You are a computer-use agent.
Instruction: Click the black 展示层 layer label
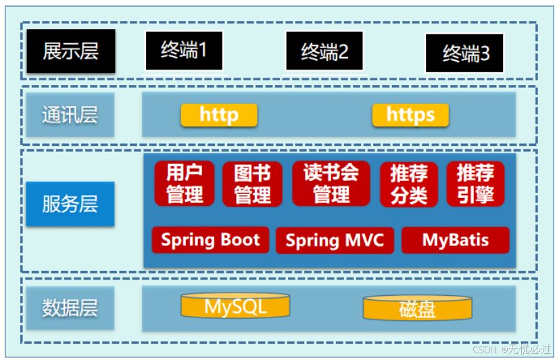pyautogui.click(x=70, y=51)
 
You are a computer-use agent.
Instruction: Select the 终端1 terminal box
pyautogui.click(x=184, y=50)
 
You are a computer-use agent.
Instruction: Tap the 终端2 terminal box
pyautogui.click(x=324, y=51)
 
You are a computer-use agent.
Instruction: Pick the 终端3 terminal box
pyautogui.click(x=465, y=53)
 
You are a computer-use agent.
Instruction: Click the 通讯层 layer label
pyautogui.click(x=70, y=115)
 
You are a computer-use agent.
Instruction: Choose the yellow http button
pyautogui.click(x=219, y=115)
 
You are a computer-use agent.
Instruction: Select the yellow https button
pyautogui.click(x=410, y=115)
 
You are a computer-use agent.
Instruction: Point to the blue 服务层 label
pyautogui.click(x=70, y=204)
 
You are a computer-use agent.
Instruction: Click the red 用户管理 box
pyautogui.click(x=185, y=183)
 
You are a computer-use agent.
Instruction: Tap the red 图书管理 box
pyautogui.click(x=252, y=184)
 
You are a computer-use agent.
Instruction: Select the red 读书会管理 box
pyautogui.click(x=331, y=183)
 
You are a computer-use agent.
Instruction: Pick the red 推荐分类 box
pyautogui.click(x=409, y=184)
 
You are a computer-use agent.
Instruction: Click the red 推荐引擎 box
pyautogui.click(x=475, y=184)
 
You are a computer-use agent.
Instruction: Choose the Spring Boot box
pyautogui.click(x=210, y=240)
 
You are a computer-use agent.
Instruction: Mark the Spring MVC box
pyautogui.click(x=335, y=240)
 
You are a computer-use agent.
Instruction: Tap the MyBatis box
pyautogui.click(x=455, y=240)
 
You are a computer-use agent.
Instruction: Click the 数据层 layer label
pyautogui.click(x=70, y=308)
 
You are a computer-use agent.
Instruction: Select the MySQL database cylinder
pyautogui.click(x=235, y=307)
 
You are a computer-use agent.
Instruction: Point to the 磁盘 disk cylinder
pyautogui.click(x=417, y=309)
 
